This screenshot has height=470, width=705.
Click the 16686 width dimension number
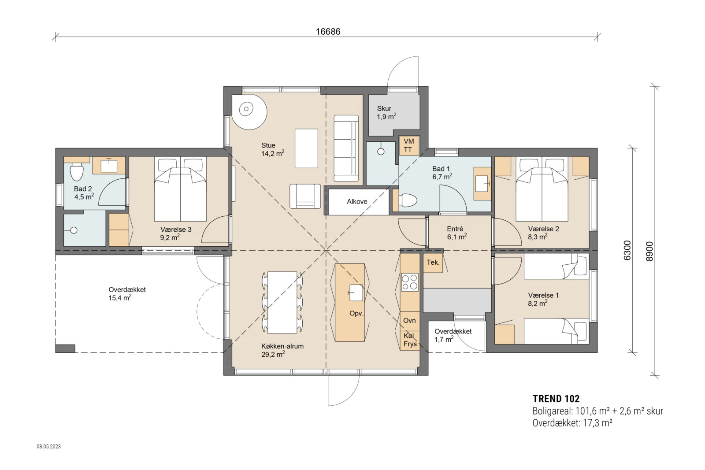[328, 32]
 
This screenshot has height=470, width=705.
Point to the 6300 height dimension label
[627, 250]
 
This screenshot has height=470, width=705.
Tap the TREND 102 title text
[556, 399]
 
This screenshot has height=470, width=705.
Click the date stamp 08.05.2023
[48, 447]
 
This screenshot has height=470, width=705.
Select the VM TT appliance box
[408, 145]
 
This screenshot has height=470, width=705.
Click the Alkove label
[357, 202]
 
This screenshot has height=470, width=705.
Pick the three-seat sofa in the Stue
[346, 148]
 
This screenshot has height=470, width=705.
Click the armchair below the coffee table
[305, 196]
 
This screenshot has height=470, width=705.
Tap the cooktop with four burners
[409, 282]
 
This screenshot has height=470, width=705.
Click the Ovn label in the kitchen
[409, 320]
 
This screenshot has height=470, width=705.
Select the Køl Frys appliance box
[410, 340]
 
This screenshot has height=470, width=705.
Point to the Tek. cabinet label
[433, 263]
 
